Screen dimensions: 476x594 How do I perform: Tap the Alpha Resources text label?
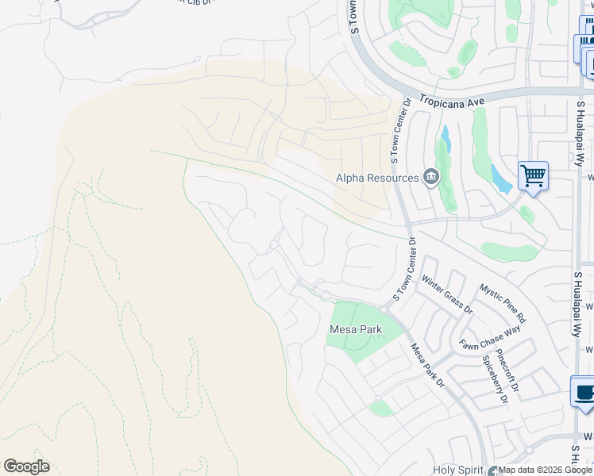[x=377, y=178]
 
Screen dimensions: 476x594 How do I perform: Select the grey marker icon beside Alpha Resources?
[x=431, y=176]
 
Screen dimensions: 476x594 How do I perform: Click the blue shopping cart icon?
[x=533, y=175]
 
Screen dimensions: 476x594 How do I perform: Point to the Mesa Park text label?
[x=356, y=329]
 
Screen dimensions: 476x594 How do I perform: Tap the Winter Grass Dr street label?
[x=446, y=294]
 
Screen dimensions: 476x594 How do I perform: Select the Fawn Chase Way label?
[x=490, y=336]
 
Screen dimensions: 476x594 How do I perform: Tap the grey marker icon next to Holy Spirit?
[x=495, y=470]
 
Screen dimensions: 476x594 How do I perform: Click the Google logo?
[x=26, y=466]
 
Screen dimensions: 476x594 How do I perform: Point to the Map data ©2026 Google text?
[x=545, y=470]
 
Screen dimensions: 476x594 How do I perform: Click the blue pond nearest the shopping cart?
[x=500, y=179]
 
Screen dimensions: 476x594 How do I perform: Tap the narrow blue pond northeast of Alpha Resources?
[x=445, y=140]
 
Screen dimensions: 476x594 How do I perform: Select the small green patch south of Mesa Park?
[x=382, y=408]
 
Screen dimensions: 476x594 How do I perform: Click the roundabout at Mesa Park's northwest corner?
[x=326, y=295]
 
